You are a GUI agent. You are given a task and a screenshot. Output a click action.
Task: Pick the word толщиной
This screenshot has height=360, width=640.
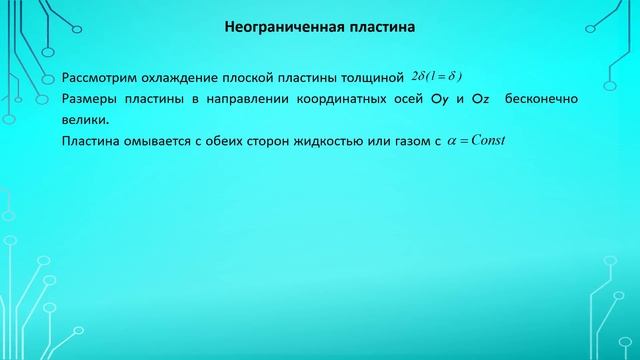(x=372, y=78)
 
